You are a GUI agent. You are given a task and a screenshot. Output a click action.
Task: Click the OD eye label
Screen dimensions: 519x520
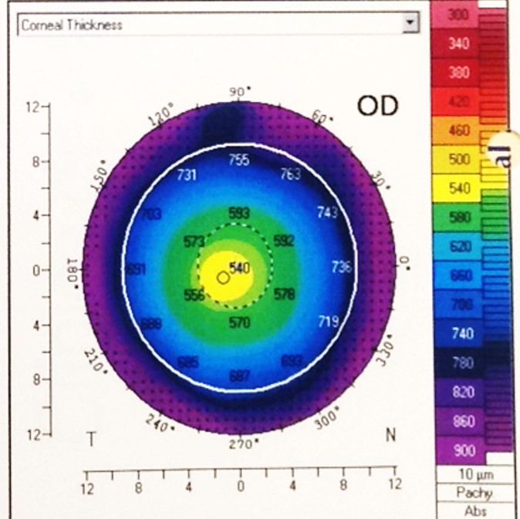coord(377,106)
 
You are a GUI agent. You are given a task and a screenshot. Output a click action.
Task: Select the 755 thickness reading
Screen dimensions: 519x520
coord(239,160)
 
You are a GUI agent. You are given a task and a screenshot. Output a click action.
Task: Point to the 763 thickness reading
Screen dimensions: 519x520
coord(290,174)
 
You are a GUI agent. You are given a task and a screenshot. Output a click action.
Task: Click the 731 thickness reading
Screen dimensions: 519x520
coord(187,174)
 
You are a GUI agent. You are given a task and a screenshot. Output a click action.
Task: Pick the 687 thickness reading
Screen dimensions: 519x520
coord(239,376)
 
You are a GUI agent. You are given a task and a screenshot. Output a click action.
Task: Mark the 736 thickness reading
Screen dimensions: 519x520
coord(341,267)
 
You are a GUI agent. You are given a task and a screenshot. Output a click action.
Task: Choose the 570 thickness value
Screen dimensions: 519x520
coord(239,322)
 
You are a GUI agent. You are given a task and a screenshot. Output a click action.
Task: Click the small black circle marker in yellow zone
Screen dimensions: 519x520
coord(222,278)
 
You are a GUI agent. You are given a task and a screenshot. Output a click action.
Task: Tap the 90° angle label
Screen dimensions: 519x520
coord(239,92)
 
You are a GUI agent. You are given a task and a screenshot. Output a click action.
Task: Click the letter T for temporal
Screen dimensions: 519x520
coord(91,439)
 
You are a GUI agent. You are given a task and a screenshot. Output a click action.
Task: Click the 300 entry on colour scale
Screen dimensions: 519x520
coord(458,15)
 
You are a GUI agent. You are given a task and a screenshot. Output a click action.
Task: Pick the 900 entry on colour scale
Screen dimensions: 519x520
coord(458,450)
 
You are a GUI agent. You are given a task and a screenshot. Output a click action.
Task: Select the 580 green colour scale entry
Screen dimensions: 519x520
coord(458,218)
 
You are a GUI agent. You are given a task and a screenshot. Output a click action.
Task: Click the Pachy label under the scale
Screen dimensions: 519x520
coord(474,493)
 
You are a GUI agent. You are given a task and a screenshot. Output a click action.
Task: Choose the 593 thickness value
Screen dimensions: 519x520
coord(239,212)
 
